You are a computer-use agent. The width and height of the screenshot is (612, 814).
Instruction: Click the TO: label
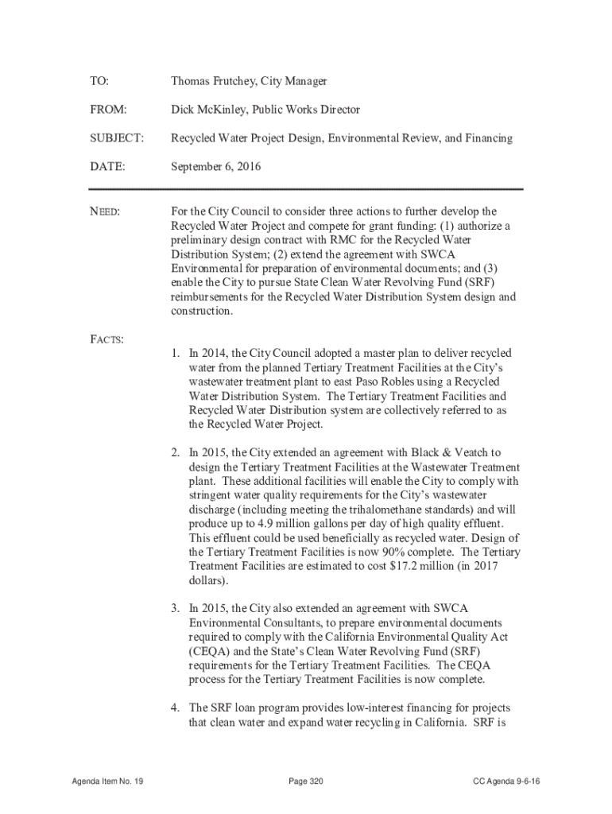[99, 82]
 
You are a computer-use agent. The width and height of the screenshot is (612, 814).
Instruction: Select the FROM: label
[108, 110]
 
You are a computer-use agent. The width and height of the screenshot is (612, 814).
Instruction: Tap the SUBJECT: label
[117, 138]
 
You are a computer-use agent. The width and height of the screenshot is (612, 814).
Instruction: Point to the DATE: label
[107, 167]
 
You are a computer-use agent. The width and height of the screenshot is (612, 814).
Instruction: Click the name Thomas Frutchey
[208, 82]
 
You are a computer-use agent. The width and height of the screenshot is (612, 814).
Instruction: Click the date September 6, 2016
[216, 167]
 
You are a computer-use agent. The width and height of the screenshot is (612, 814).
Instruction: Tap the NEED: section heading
[104, 212]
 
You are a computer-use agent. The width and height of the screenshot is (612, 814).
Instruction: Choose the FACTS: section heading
[106, 340]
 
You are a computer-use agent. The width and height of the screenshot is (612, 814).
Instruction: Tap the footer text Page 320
[306, 782]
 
